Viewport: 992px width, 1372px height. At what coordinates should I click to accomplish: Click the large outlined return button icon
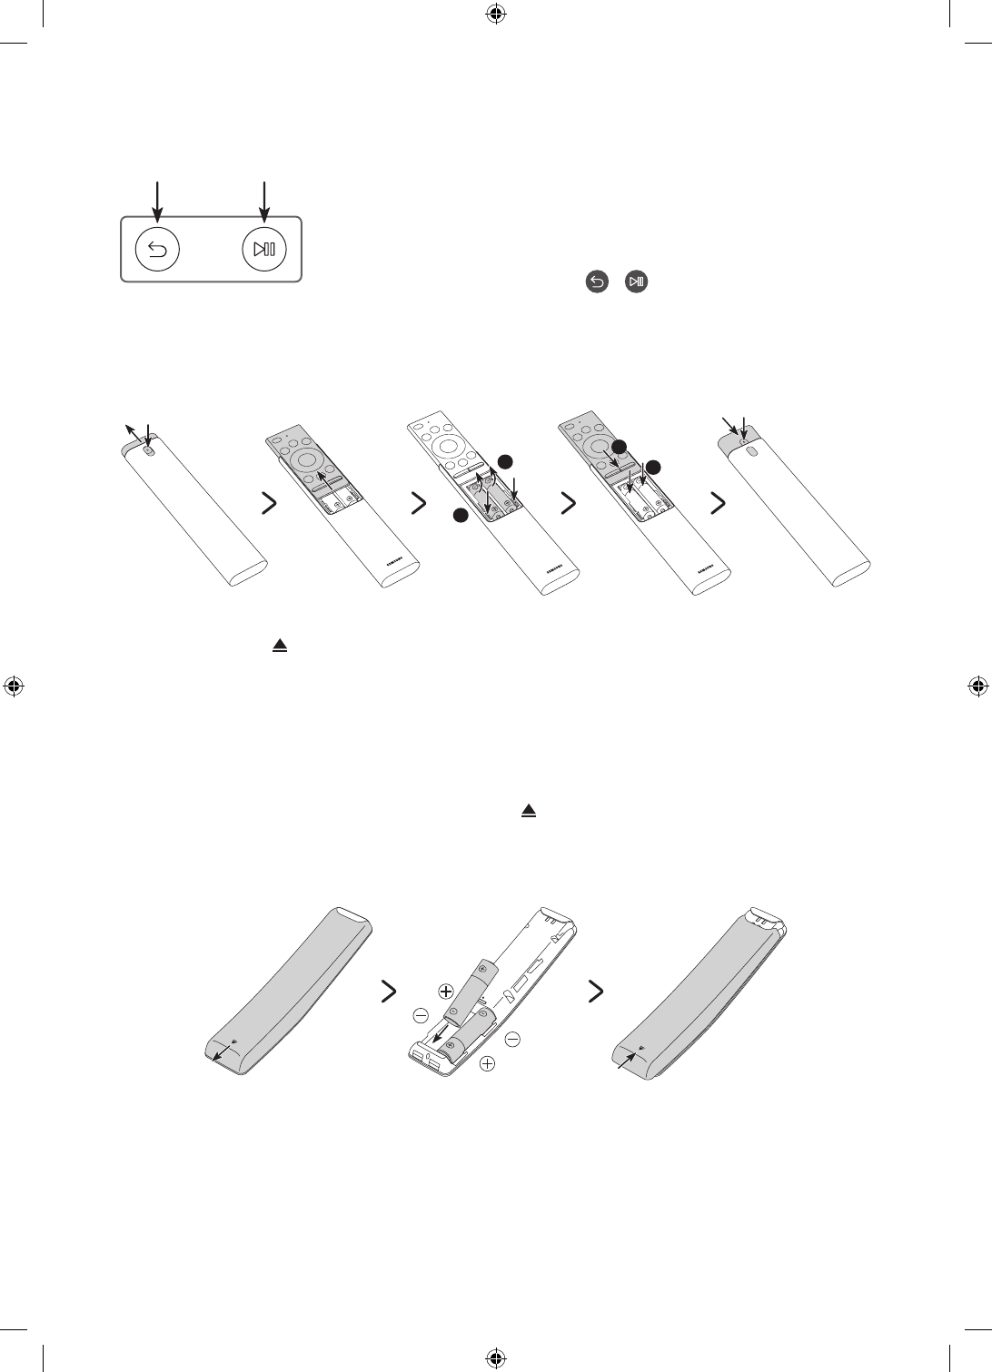157,250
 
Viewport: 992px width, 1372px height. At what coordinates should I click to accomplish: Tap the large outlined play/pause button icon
264,250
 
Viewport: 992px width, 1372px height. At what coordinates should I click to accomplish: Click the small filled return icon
597,283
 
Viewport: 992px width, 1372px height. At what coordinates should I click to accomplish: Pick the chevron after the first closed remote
269,505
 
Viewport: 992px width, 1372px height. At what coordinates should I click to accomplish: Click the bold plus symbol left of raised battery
446,991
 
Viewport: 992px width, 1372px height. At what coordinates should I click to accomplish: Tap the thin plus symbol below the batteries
489,1064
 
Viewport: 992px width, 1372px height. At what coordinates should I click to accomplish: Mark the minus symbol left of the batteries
421,1014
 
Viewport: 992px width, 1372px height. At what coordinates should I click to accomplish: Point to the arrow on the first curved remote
219,1054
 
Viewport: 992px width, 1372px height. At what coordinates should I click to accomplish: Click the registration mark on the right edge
978,686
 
